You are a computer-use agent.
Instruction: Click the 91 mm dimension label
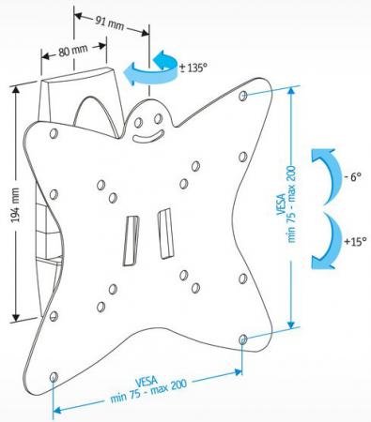coord(110,23)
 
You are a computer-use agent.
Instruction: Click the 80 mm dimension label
coord(73,51)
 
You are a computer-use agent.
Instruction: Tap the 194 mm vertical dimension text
coord(15,204)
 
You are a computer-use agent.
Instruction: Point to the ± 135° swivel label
coord(193,68)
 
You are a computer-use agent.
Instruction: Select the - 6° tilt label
coord(352,177)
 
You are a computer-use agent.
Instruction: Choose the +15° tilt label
coord(355,241)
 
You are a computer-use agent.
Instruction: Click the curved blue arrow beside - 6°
coord(327,175)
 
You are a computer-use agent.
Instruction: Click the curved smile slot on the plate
coord(147,136)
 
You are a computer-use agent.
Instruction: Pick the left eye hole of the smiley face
coord(139,122)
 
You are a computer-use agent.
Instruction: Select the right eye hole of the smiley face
coord(159,118)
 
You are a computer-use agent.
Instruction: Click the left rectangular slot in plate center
coord(131,241)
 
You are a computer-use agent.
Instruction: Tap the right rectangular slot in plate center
coord(165,234)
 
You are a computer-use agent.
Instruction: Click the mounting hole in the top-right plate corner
coord(243,96)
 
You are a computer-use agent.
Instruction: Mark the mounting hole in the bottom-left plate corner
coord(54,376)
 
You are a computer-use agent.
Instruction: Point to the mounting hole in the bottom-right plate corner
coord(243,339)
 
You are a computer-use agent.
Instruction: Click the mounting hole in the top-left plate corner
coord(54,133)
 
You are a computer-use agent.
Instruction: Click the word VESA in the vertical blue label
coord(282,204)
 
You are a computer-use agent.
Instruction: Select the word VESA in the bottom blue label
coord(147,382)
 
